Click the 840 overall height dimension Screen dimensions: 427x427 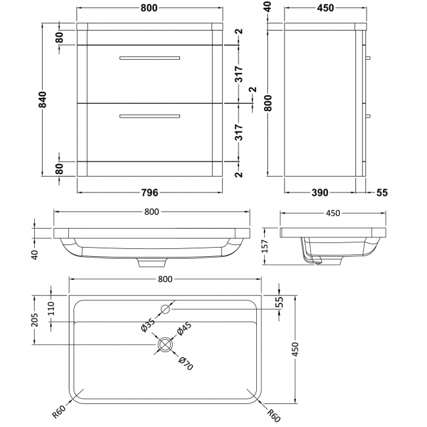pyautogui.click(x=43, y=99)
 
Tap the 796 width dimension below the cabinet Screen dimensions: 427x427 pyautogui.click(x=150, y=192)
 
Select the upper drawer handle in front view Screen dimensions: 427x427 pyautogui.click(x=150, y=58)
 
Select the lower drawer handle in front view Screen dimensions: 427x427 pyautogui.click(x=150, y=116)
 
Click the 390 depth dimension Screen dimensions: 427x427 pyautogui.click(x=320, y=192)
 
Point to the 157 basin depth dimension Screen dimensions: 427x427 pyautogui.click(x=265, y=246)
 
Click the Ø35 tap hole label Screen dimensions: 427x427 pyautogui.click(x=148, y=325)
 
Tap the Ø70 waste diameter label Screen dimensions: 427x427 pyautogui.click(x=186, y=363)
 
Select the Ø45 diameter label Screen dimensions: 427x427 pyautogui.click(x=185, y=328)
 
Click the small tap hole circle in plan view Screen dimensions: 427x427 pyautogui.click(x=166, y=309)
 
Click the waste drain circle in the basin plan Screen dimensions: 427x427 pyautogui.click(x=165, y=344)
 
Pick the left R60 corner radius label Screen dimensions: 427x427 pyautogui.click(x=59, y=411)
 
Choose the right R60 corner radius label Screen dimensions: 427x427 pyautogui.click(x=273, y=415)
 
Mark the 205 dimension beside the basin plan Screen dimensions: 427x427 pyautogui.click(x=35, y=320)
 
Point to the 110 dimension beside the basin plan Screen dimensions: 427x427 pyautogui.click(x=51, y=308)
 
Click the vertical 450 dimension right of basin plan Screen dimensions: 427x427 pyautogui.click(x=295, y=349)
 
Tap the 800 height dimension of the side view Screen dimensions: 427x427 pyautogui.click(x=268, y=103)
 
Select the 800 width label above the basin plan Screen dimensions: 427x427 pyautogui.click(x=165, y=279)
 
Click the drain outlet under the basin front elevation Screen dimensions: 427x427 pyautogui.click(x=152, y=263)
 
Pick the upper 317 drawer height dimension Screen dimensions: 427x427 pyautogui.click(x=239, y=74)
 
